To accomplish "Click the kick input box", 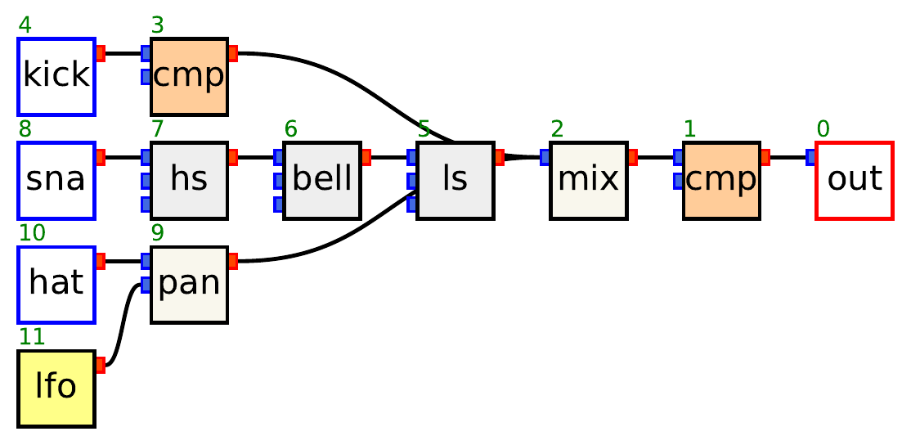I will pos(56,76).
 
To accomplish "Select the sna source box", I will pos(56,180).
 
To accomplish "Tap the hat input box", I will pos(56,284).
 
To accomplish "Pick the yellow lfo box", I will pos(56,388).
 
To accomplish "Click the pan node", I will pos(189,284).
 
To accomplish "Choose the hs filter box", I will pos(189,180).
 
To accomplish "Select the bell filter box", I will pos(321,180).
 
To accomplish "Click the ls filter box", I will pos(455,180).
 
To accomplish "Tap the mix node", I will pos(588,180).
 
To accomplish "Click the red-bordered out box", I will pos(854,180).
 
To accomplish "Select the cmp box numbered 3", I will pos(189,76).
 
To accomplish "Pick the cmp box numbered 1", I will pos(721,180).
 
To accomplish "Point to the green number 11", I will pos(31,337).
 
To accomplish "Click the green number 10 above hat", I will pos(31,233).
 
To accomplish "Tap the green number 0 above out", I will pos(823,129).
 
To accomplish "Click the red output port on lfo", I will pos(101,365).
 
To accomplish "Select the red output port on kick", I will pos(101,54).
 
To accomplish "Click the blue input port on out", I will pos(810,157).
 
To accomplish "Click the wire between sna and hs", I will pos(123,157).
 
